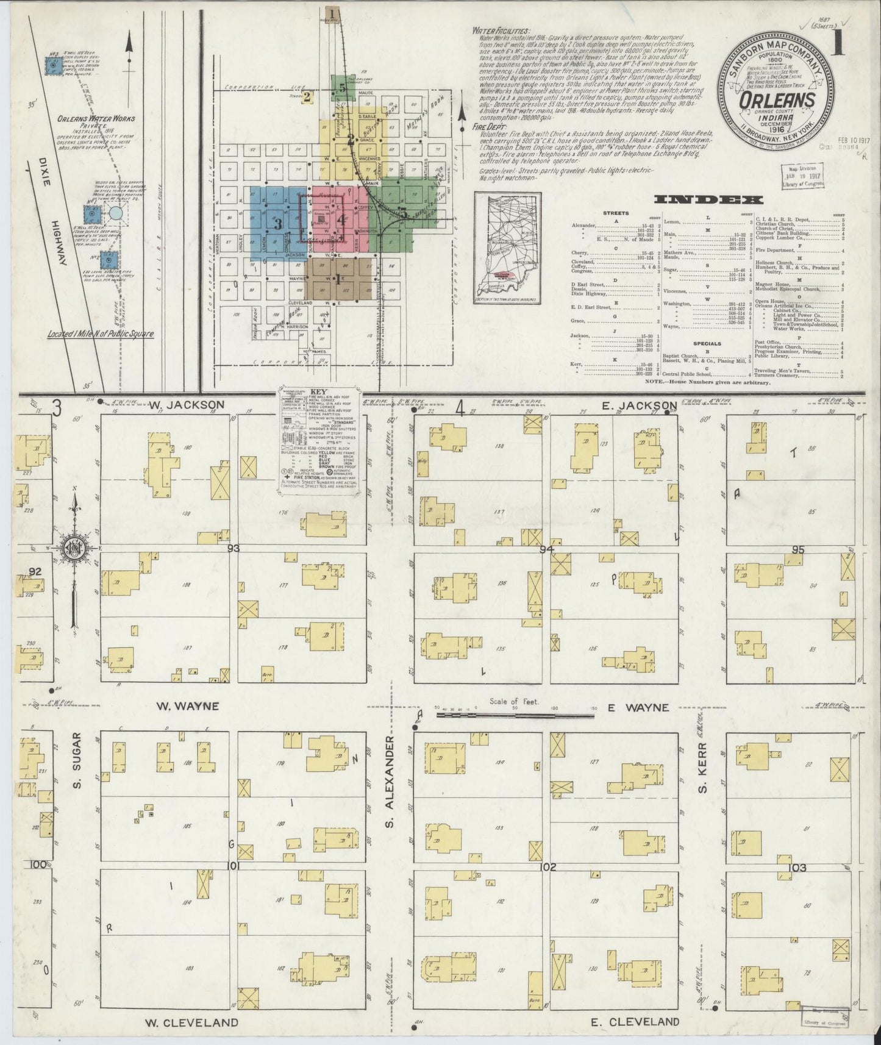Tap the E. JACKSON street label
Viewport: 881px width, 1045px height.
pyautogui.click(x=640, y=405)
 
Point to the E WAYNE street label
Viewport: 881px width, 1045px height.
pyautogui.click(x=638, y=708)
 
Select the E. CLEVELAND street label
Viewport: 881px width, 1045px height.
pyautogui.click(x=635, y=1022)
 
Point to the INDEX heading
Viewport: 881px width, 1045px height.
pyautogui.click(x=708, y=199)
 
